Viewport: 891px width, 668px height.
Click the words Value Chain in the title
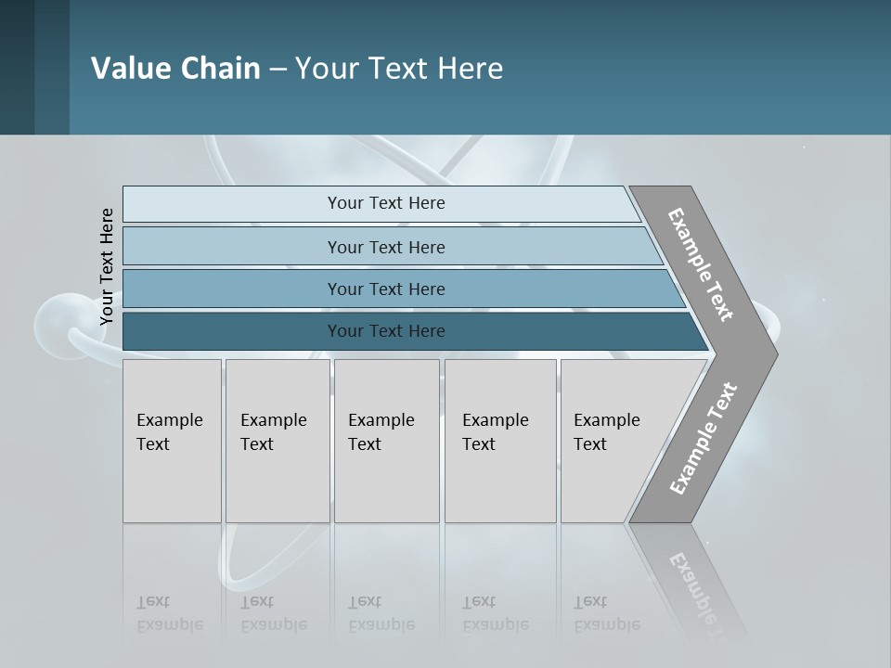(x=175, y=68)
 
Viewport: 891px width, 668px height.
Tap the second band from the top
(x=386, y=247)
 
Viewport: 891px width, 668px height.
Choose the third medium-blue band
(x=386, y=289)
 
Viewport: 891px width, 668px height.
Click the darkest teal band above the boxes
(x=386, y=331)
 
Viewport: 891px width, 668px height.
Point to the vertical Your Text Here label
(x=107, y=266)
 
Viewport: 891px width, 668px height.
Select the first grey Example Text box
(x=172, y=440)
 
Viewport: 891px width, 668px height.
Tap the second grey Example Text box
(x=277, y=440)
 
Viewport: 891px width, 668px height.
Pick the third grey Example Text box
(x=386, y=440)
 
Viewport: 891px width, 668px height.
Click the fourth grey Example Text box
(x=499, y=440)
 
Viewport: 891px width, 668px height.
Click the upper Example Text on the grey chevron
(x=701, y=264)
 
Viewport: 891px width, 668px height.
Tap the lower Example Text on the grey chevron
(x=703, y=438)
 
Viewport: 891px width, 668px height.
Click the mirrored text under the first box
(x=170, y=613)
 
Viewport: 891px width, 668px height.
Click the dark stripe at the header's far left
(x=17, y=67)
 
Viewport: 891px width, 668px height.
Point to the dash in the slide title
(x=278, y=69)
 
